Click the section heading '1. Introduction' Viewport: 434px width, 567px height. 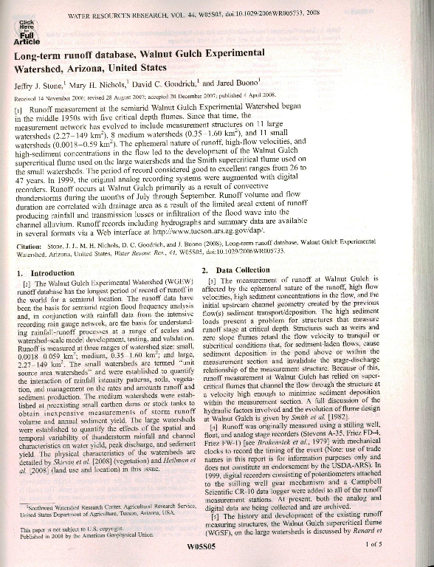point(46,272)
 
